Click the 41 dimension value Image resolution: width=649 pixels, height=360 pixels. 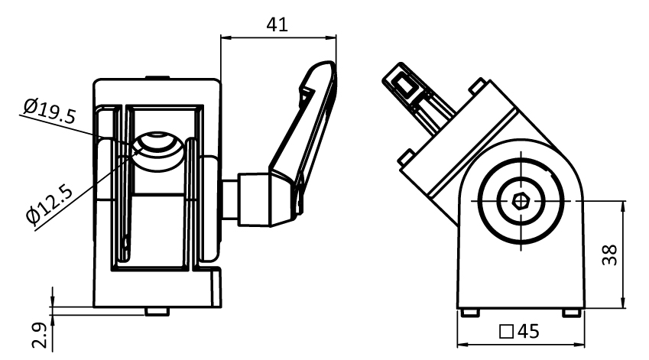[x=277, y=24]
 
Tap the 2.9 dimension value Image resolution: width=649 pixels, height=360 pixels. [x=44, y=335]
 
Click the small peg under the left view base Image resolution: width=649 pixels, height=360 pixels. [x=157, y=310]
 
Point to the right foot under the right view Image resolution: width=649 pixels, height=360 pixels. [x=571, y=312]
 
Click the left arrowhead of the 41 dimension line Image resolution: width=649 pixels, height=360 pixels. [x=224, y=37]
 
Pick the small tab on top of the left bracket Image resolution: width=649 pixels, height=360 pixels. [x=157, y=76]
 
